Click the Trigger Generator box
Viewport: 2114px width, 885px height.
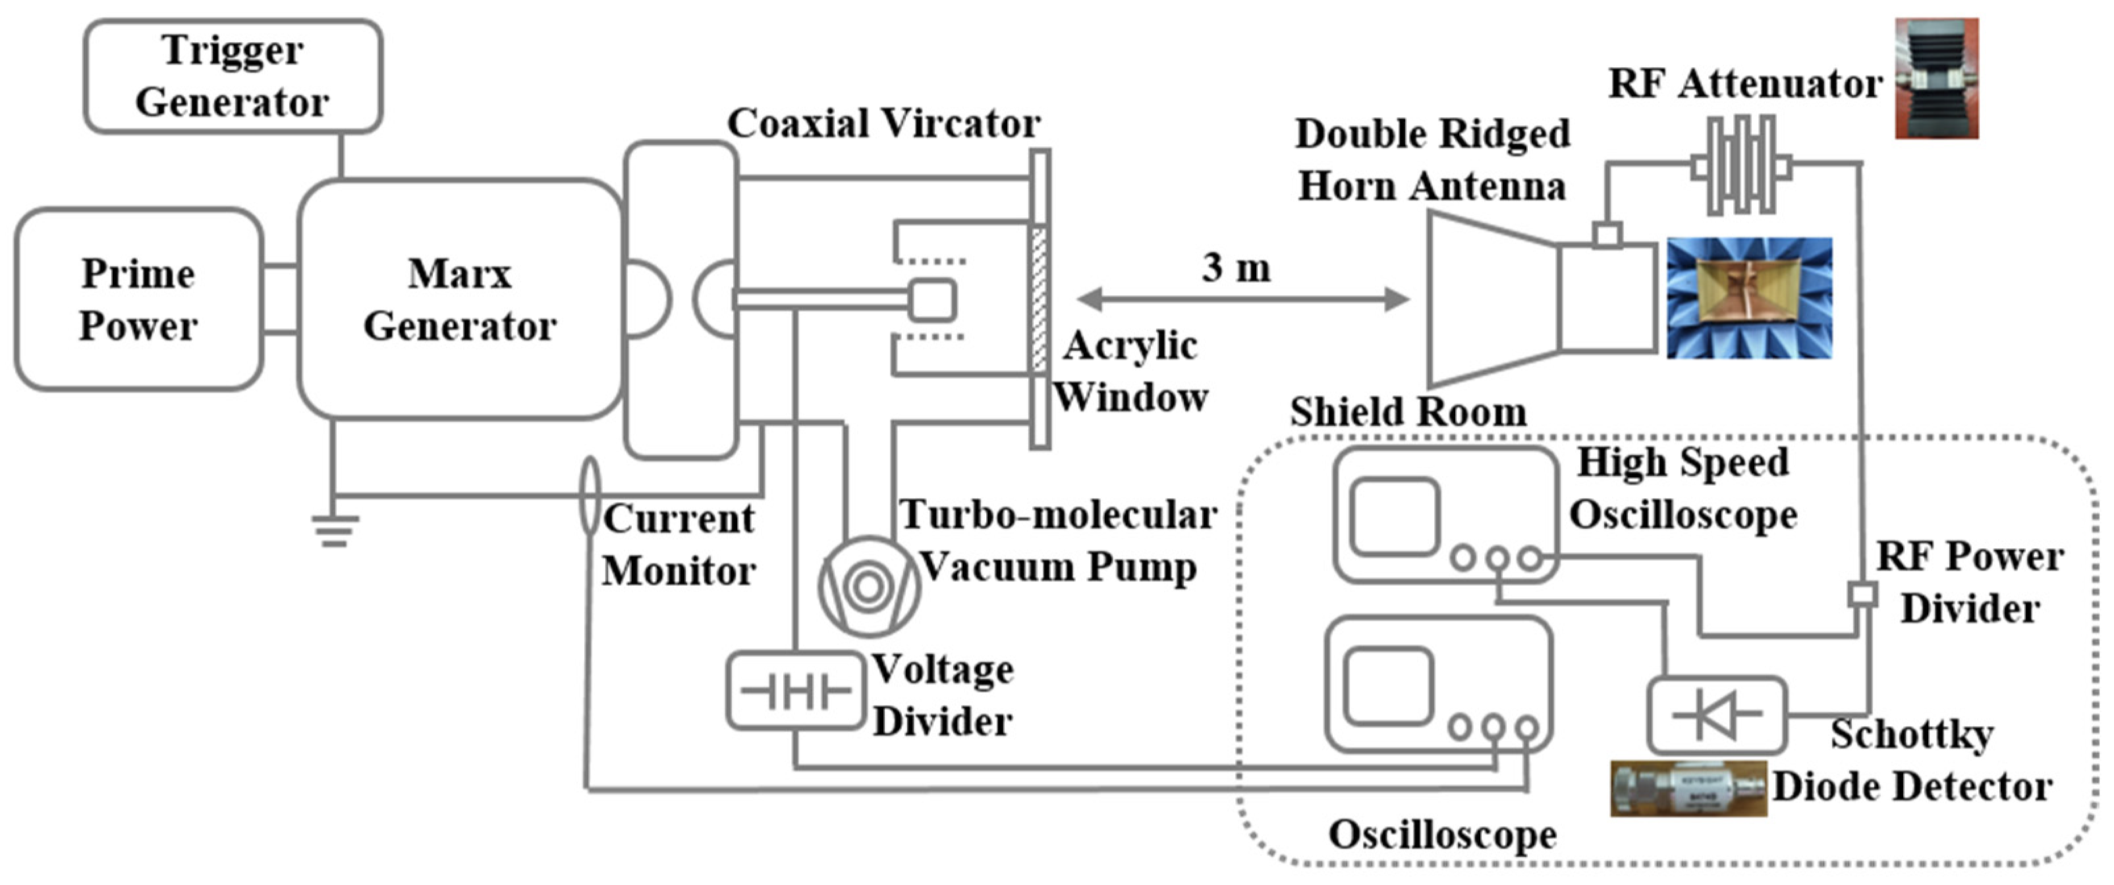tap(233, 76)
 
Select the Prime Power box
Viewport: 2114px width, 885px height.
tap(138, 299)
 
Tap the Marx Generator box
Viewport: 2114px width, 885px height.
tap(460, 299)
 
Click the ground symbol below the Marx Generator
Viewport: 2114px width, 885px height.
tap(334, 530)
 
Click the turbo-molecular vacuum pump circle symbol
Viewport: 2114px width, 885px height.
tap(868, 586)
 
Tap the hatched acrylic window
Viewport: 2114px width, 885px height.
tap(1039, 300)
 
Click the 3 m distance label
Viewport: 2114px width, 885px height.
tap(1236, 268)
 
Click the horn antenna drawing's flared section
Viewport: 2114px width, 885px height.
tap(1489, 299)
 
